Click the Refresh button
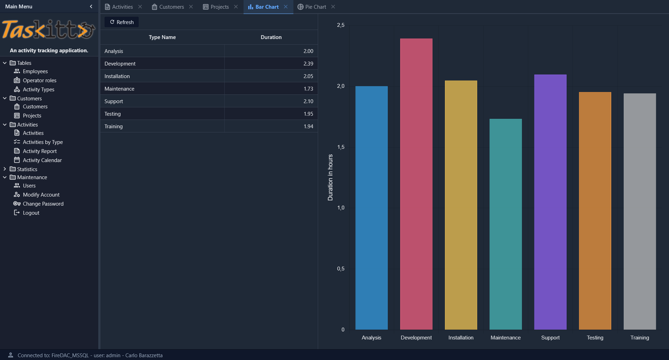point(122,22)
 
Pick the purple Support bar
point(550,202)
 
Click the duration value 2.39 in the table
point(308,63)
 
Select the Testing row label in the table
point(113,114)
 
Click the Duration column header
point(271,37)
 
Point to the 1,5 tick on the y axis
point(341,147)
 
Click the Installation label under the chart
point(461,337)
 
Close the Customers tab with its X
point(191,7)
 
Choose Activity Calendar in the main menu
point(42,160)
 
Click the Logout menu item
point(31,213)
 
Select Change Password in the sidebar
point(43,204)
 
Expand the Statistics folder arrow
point(5,169)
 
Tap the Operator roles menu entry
point(39,80)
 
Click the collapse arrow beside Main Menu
point(91,6)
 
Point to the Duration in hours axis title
point(330,177)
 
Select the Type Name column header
point(162,37)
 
